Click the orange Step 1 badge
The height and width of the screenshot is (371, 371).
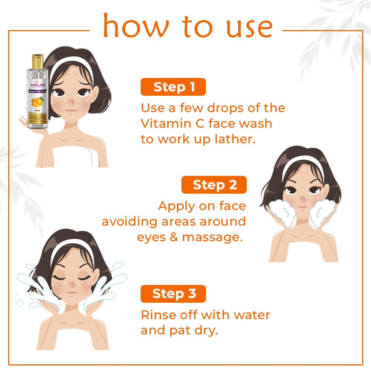click(173, 87)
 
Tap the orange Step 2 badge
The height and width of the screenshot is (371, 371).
click(214, 185)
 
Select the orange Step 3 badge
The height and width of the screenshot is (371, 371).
click(173, 293)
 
